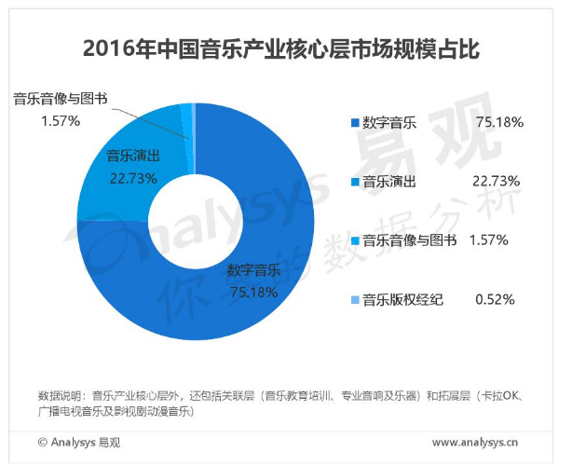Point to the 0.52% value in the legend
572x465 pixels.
(x=495, y=300)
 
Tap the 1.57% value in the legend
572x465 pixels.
(x=487, y=240)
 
